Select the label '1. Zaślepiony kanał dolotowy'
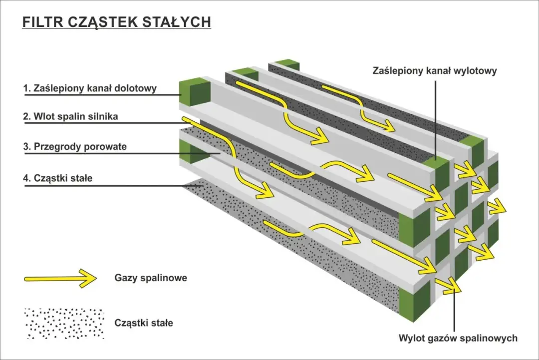90,88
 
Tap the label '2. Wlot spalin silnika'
70,117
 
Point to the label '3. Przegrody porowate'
75,147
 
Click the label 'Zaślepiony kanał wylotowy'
435,71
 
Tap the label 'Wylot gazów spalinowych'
458,338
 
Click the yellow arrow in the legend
60,278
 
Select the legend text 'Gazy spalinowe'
150,278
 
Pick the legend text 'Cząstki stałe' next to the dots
144,323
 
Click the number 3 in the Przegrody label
25,147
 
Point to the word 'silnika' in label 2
104,117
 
